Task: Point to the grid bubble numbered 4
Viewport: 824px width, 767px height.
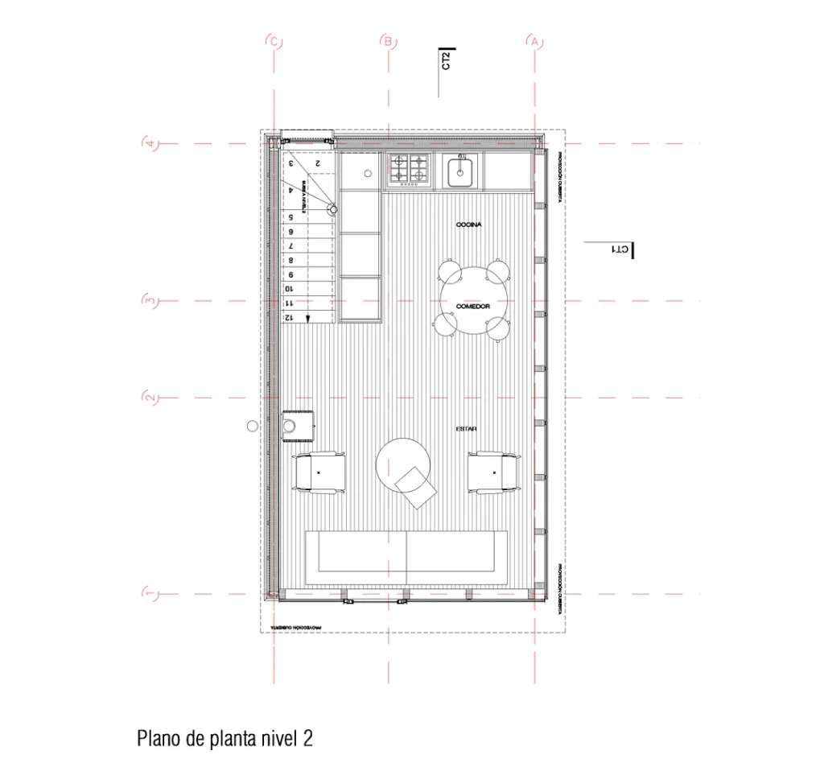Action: tap(149, 143)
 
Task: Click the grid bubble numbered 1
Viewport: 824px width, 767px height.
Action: tap(149, 594)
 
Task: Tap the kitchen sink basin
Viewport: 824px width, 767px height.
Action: tap(461, 170)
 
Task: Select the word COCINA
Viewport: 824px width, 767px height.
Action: tap(468, 225)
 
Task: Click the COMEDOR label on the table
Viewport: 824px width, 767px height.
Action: tap(473, 307)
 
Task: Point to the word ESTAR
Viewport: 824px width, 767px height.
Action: tap(467, 429)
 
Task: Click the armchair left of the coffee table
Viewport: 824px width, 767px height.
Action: tap(319, 472)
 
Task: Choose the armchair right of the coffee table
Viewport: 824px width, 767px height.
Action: tap(492, 472)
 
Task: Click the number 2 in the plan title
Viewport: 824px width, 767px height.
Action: tap(307, 739)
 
